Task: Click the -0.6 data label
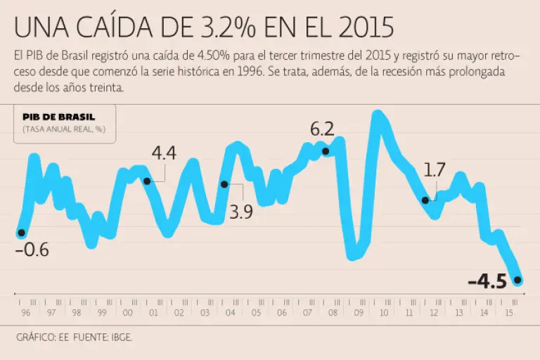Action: [32, 250]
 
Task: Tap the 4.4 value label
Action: [164, 153]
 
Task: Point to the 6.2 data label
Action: [321, 129]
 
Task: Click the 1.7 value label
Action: [435, 169]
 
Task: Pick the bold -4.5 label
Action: [487, 282]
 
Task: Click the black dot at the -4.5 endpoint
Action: [518, 281]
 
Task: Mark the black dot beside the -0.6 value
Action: [21, 233]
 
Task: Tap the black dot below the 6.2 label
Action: [325, 151]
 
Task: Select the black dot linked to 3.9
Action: [224, 184]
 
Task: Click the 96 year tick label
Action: [25, 314]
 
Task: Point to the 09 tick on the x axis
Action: [358, 314]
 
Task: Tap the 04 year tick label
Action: [230, 314]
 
